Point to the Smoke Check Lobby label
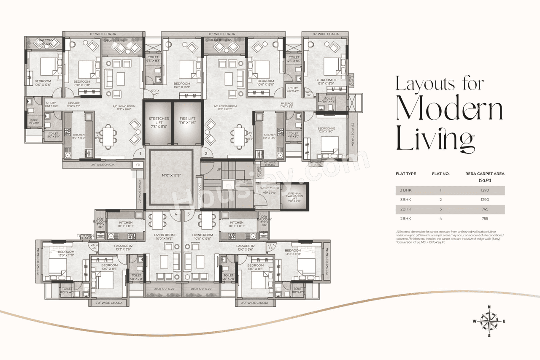click(270, 190)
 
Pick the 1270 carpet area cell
click(485, 190)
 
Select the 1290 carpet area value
click(485, 200)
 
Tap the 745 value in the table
click(485, 209)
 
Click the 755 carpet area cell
click(485, 219)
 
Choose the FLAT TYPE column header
click(406, 173)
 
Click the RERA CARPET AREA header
click(485, 173)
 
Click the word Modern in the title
click(450, 110)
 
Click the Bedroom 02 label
click(326, 80)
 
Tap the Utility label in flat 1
click(51, 103)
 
